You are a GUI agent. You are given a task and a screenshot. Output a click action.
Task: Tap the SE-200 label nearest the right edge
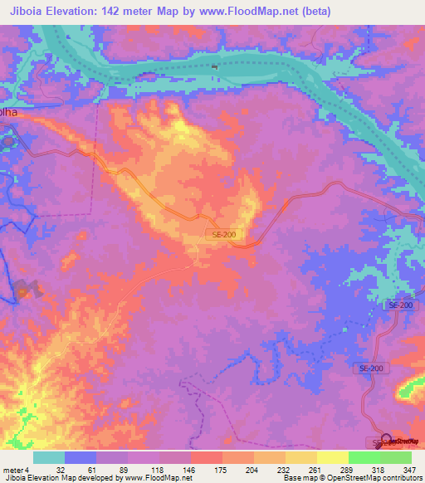[400, 306]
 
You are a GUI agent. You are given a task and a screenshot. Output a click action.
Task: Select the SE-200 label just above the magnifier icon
[371, 368]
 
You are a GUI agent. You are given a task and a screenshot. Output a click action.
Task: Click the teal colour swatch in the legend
[49, 456]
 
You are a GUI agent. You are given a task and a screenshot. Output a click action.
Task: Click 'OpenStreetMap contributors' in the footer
[379, 478]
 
